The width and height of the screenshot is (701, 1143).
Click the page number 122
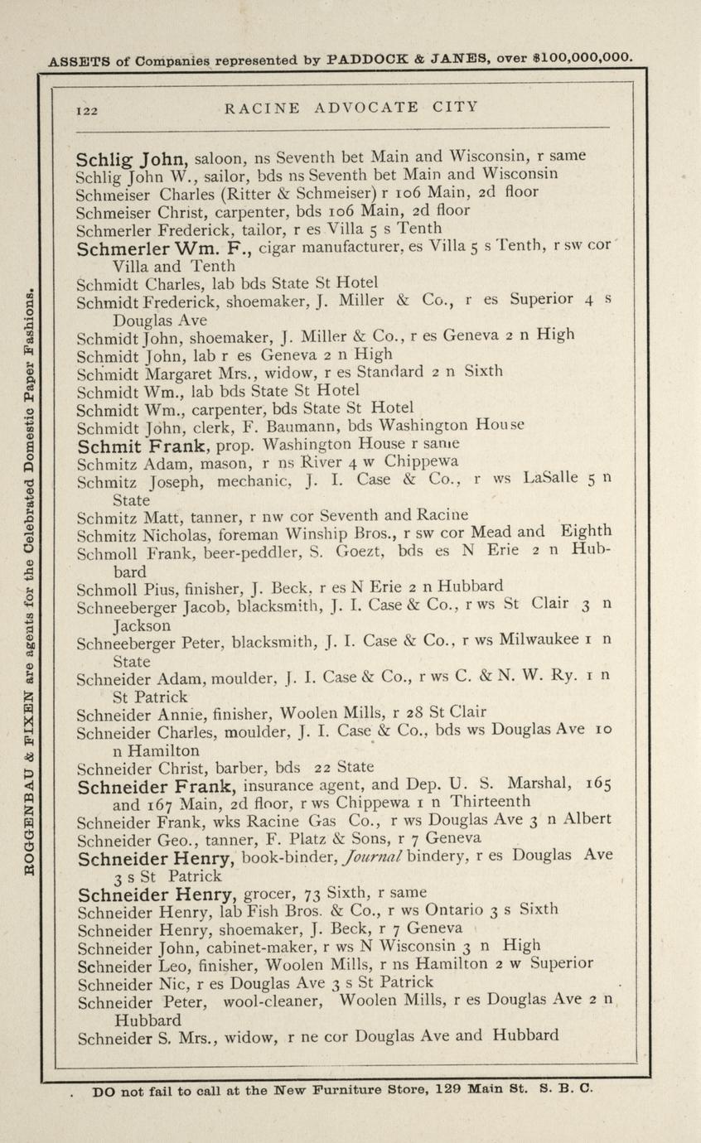(x=88, y=109)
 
